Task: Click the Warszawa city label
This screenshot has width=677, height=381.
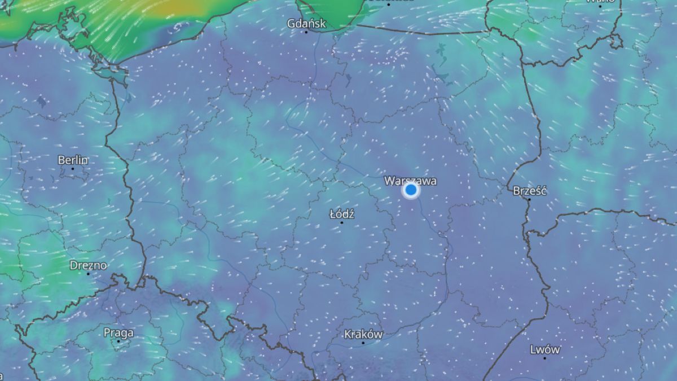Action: point(410,181)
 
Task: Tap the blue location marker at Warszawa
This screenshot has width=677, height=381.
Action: point(411,190)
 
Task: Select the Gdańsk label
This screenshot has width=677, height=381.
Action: point(306,24)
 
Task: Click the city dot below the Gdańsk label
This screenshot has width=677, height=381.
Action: point(306,32)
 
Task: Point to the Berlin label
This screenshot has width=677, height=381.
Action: point(73,160)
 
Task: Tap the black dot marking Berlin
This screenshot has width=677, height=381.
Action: point(73,168)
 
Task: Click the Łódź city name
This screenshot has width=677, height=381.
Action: point(341,214)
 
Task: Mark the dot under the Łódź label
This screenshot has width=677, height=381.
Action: point(341,222)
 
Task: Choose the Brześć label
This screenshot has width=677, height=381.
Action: point(529,191)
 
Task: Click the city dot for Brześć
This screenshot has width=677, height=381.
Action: point(529,199)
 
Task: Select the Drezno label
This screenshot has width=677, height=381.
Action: point(88,265)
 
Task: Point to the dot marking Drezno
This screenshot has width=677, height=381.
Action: point(88,273)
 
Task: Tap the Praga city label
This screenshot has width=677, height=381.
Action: point(118,332)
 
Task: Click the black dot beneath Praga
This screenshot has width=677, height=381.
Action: point(118,341)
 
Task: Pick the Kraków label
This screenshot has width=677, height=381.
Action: point(363,334)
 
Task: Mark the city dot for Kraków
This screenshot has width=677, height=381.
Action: point(363,343)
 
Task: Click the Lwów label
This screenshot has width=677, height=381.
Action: point(545,349)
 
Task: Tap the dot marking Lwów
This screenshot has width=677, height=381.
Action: point(545,358)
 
